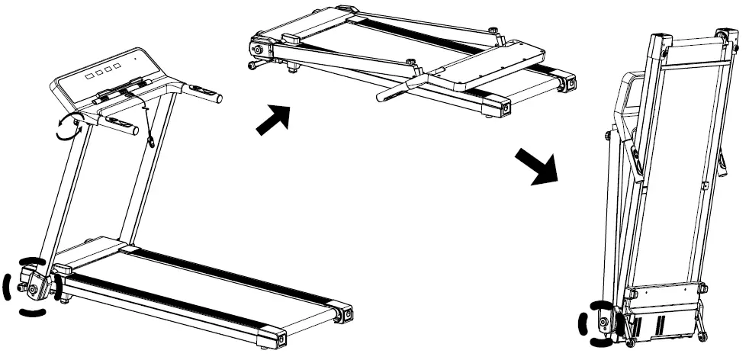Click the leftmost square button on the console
click(x=89, y=77)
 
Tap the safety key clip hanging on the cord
click(x=152, y=140)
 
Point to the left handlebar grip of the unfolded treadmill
click(x=123, y=125)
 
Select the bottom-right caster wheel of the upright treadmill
click(x=700, y=336)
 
